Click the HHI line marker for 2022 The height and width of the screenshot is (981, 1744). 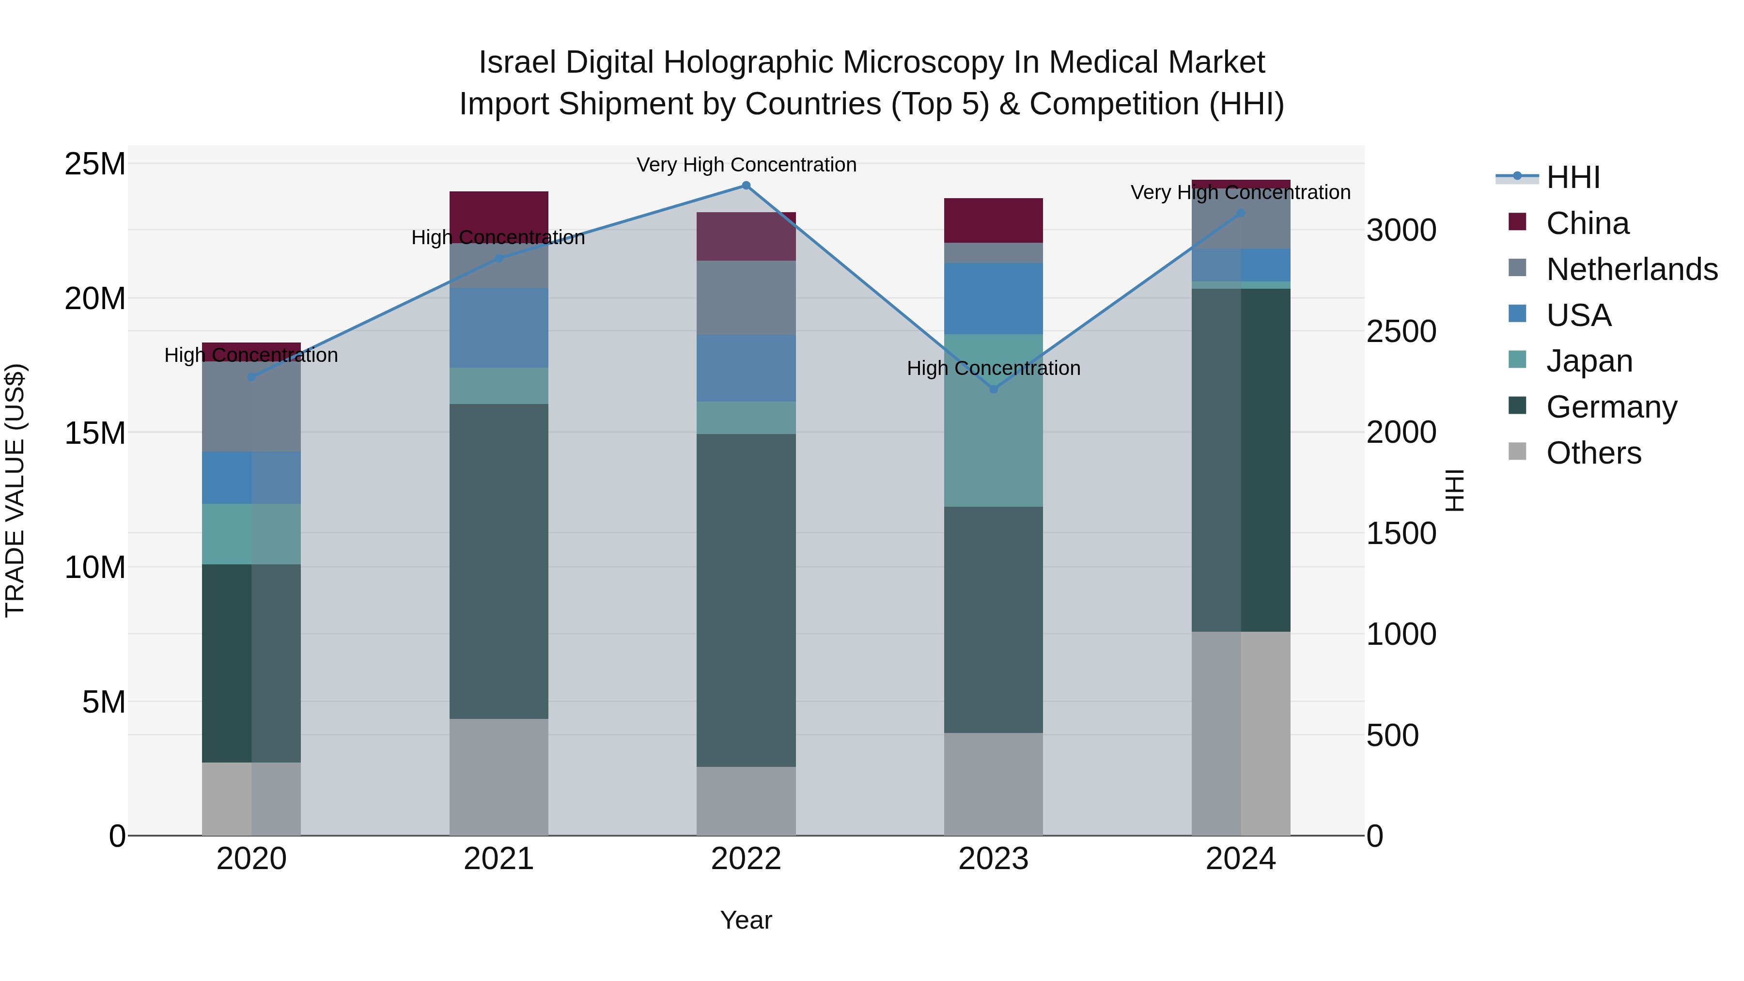coord(746,186)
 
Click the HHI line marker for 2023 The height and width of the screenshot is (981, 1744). coord(993,389)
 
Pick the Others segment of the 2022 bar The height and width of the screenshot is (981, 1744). coord(746,801)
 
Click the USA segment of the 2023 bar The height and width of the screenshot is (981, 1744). coord(993,298)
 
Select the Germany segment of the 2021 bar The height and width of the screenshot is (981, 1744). coord(499,561)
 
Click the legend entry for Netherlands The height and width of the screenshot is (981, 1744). coord(1632,269)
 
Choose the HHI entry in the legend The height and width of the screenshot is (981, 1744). coord(1573,177)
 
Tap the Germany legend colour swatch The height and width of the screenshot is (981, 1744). coord(1517,406)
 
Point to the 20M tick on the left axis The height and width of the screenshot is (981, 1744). coord(95,298)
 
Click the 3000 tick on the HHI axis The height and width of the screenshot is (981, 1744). coord(1401,230)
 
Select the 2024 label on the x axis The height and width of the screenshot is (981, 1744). coord(1240,859)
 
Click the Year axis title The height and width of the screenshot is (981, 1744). coord(746,920)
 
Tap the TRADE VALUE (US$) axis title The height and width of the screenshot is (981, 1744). coord(15,490)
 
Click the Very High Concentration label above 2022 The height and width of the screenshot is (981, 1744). coord(746,165)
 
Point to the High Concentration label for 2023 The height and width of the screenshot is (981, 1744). coord(993,368)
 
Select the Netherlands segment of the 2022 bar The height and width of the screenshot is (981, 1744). coord(746,298)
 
